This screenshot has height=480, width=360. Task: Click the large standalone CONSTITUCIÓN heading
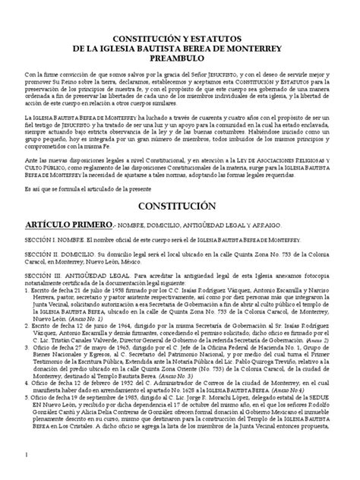pos(180,205)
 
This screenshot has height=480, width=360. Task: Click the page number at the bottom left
pos(26,473)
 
